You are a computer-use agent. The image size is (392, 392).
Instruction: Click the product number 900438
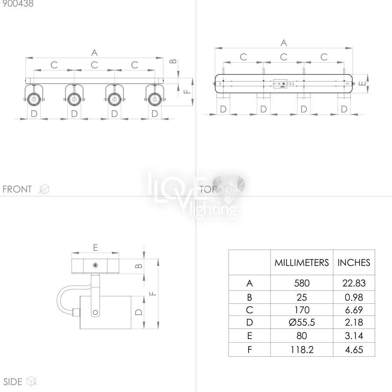pyautogui.click(x=18, y=4)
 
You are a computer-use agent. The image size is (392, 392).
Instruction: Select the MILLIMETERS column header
pyautogui.click(x=301, y=263)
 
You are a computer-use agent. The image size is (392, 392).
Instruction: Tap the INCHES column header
pyautogui.click(x=354, y=263)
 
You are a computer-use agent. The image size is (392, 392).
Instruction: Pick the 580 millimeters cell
pyautogui.click(x=302, y=283)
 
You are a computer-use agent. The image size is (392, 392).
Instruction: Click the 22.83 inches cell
pyautogui.click(x=354, y=283)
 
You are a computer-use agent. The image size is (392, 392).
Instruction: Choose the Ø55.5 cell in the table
pyautogui.click(x=301, y=322)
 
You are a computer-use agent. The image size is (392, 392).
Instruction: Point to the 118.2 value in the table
pyautogui.click(x=302, y=350)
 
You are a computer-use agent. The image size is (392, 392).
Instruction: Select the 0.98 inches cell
pyautogui.click(x=354, y=297)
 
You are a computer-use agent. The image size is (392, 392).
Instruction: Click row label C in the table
pyautogui.click(x=249, y=310)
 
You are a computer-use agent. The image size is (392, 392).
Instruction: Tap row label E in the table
pyautogui.click(x=249, y=336)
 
